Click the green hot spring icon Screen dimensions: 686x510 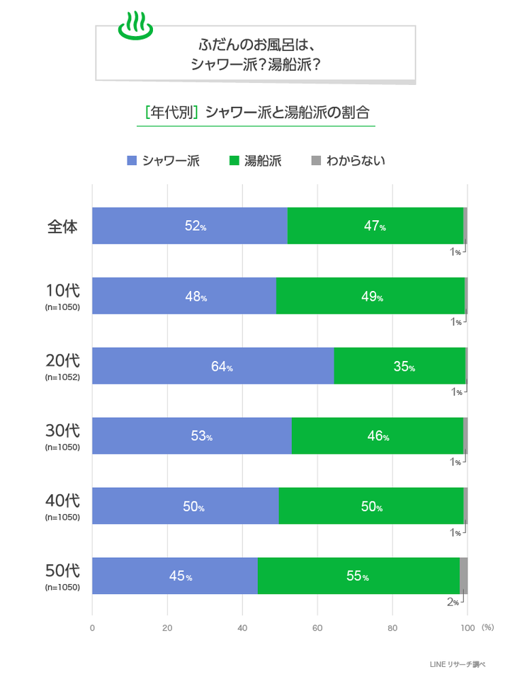[x=135, y=25]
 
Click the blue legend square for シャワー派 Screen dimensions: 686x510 [x=131, y=161]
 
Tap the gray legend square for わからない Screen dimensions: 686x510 [x=317, y=161]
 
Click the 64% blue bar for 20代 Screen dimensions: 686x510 [x=212, y=366]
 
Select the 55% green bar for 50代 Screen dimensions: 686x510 [x=358, y=576]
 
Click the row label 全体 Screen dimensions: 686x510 [x=62, y=227]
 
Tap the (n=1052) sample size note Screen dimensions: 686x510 [x=62, y=377]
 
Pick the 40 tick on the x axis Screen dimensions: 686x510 [x=242, y=627]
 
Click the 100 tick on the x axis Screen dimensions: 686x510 [x=467, y=627]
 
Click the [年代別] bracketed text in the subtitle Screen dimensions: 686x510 [x=171, y=113]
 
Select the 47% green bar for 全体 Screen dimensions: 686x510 [x=375, y=227]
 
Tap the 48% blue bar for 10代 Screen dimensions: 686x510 [x=184, y=296]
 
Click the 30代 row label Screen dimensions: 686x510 [x=62, y=430]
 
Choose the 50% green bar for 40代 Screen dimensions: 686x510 [x=371, y=506]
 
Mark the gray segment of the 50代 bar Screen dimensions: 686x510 [x=463, y=576]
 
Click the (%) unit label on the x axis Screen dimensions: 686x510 [x=487, y=627]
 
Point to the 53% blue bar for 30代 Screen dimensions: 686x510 [x=191, y=436]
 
